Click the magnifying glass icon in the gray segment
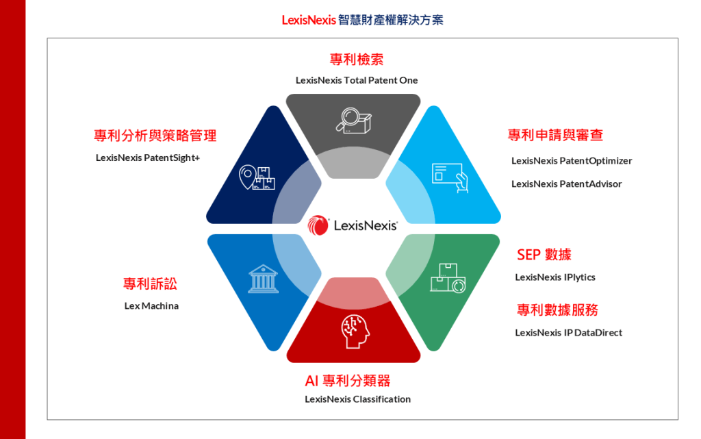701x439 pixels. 353,119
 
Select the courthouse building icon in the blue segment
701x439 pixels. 264,279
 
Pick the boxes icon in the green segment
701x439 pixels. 448,278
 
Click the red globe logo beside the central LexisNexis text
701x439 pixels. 318,225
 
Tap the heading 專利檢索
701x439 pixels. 357,60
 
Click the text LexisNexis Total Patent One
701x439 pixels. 357,80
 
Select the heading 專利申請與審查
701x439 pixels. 555,135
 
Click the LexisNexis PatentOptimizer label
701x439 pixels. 572,161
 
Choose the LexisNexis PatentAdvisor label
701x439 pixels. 567,184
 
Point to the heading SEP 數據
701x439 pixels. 544,255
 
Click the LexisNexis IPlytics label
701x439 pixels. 555,277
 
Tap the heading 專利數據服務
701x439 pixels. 557,310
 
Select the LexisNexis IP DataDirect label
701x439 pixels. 569,333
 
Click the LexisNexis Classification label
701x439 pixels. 357,399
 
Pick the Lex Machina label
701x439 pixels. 151,305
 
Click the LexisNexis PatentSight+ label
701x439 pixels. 148,158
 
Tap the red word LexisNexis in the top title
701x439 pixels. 309,20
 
